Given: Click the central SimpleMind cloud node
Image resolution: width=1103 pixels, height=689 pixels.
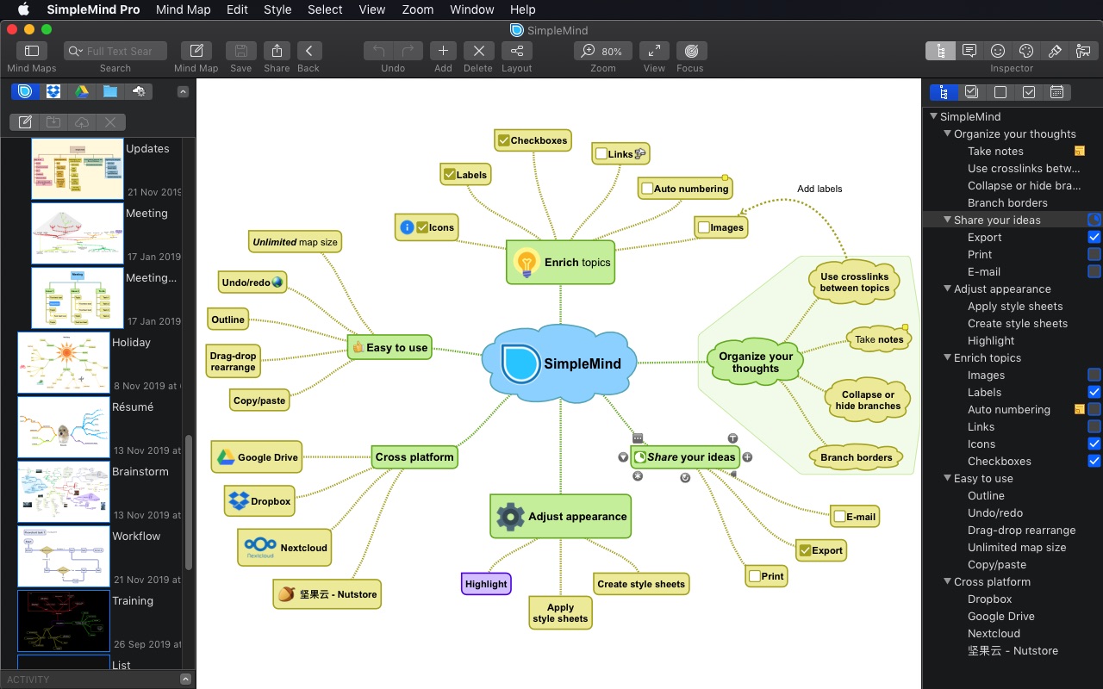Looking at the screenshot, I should click(x=560, y=363).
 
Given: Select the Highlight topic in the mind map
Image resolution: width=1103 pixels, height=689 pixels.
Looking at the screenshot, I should click(x=486, y=584).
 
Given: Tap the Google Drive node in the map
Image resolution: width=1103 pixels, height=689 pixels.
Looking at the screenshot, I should click(x=257, y=457).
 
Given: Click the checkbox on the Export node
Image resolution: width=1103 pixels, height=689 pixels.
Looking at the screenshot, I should click(x=806, y=550).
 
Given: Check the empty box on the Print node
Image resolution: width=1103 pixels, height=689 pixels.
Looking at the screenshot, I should click(x=755, y=576).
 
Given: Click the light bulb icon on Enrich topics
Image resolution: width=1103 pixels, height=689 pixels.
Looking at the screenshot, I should click(x=526, y=263).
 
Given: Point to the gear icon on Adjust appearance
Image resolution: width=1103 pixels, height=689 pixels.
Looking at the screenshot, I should click(x=510, y=517).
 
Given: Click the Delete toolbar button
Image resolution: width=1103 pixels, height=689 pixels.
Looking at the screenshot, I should click(x=478, y=51).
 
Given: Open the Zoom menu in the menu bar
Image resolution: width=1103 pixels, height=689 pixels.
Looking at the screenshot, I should click(x=418, y=9).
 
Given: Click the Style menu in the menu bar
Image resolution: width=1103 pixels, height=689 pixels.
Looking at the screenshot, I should click(x=277, y=9).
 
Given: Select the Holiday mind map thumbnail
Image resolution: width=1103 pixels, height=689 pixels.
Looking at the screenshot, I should click(x=64, y=363).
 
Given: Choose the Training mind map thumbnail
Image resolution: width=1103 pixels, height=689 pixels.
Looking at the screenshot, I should click(x=64, y=621).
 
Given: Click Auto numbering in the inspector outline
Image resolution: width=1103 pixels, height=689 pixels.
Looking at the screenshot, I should click(x=1008, y=409).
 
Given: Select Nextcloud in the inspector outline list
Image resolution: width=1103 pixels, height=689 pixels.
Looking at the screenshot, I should click(x=994, y=633).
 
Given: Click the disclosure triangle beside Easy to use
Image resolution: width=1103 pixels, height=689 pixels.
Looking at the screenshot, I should click(x=947, y=478).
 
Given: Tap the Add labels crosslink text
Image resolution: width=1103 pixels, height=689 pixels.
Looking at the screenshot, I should click(x=819, y=189).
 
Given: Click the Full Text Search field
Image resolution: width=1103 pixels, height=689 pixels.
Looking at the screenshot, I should click(x=119, y=51).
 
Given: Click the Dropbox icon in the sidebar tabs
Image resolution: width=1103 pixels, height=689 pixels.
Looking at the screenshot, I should click(x=53, y=91).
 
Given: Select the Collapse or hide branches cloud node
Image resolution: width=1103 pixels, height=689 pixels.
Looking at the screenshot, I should click(x=868, y=400).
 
